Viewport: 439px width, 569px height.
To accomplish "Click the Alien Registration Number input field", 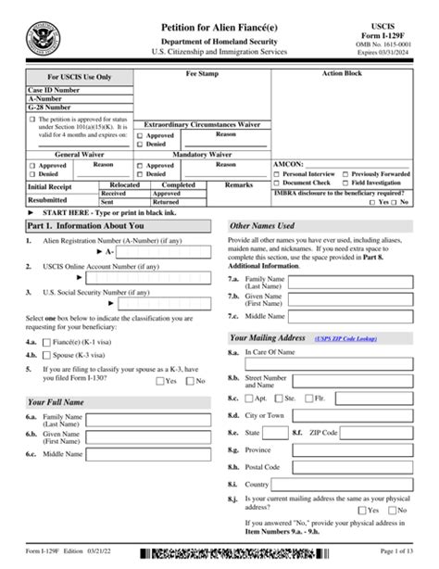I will [x=169, y=251].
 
